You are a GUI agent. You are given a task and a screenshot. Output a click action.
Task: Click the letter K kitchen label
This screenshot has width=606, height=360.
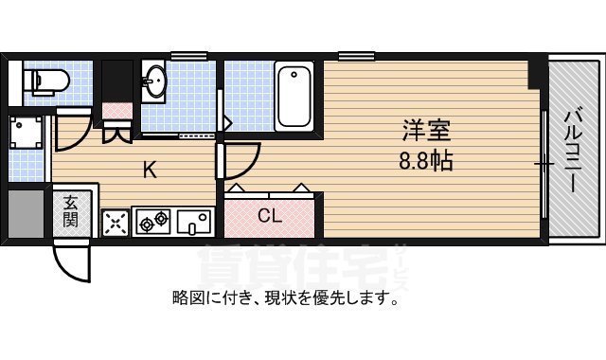150,171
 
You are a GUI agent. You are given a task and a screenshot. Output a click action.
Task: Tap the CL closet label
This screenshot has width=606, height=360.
270,215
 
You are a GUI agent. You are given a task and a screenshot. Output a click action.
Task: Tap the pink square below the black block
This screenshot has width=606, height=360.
116,110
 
